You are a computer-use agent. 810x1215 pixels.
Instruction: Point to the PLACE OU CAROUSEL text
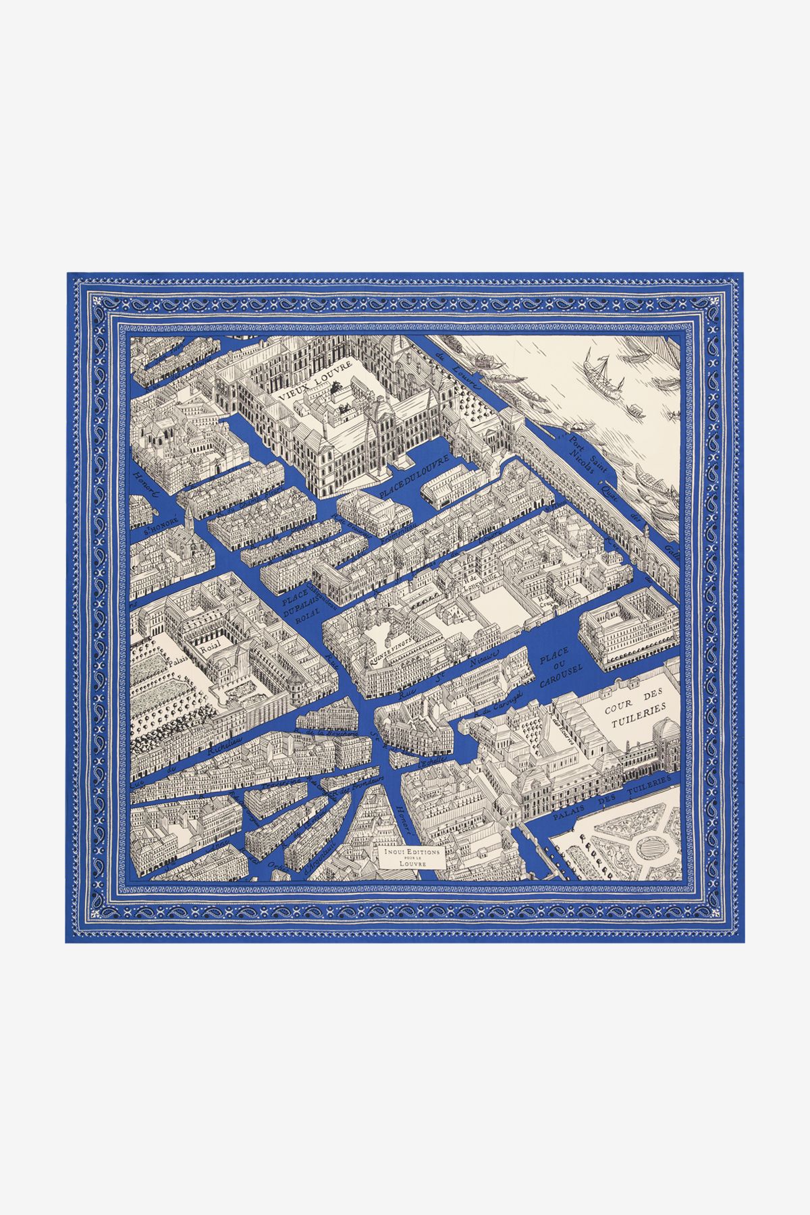point(556,668)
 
